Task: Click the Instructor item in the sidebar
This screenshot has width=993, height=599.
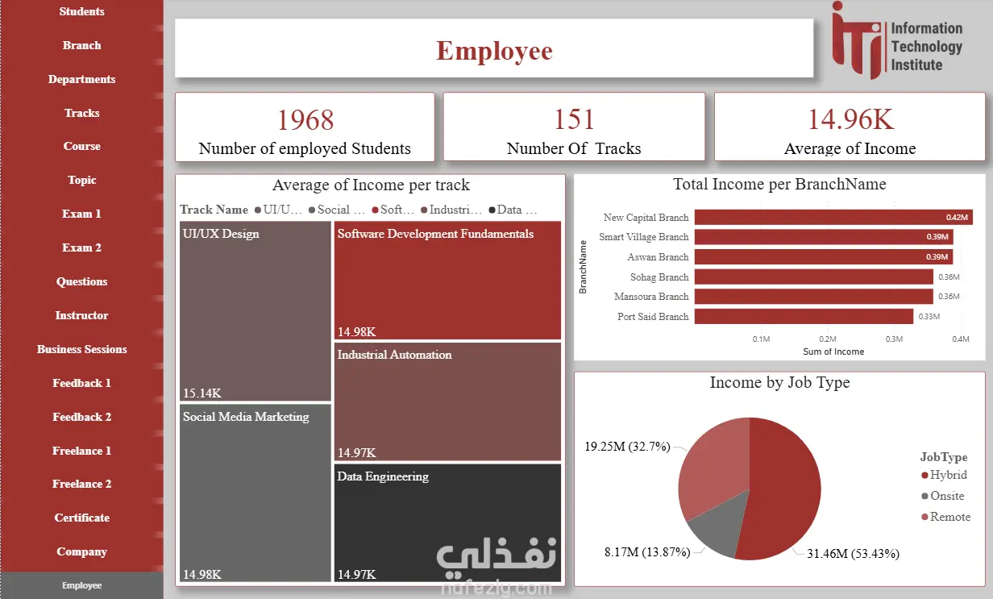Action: (x=81, y=315)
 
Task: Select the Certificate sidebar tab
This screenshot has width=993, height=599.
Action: (x=81, y=518)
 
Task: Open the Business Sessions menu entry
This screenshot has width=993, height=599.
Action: (x=81, y=349)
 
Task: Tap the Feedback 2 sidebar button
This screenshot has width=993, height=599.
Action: (x=81, y=417)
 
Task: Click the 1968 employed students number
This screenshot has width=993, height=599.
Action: (x=305, y=120)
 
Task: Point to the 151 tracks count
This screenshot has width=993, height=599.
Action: (x=573, y=120)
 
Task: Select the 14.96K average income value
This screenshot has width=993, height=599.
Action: (x=850, y=120)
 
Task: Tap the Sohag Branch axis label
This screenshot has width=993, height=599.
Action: (x=659, y=277)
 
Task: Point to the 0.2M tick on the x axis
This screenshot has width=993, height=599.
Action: (x=828, y=339)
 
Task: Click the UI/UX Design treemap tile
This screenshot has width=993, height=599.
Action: (x=255, y=310)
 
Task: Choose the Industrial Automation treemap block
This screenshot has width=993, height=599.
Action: (x=447, y=401)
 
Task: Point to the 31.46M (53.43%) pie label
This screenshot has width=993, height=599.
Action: (x=853, y=554)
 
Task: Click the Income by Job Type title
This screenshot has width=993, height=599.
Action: (x=779, y=383)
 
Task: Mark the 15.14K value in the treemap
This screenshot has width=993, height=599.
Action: (x=202, y=393)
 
